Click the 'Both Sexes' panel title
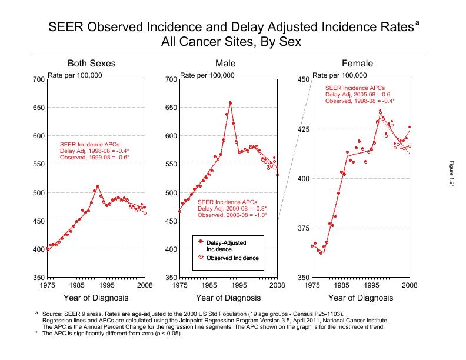click(x=91, y=64)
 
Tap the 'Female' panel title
click(x=358, y=64)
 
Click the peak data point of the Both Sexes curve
click(x=98, y=186)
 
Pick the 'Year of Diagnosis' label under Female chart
click(x=361, y=298)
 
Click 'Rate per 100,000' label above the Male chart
click(x=208, y=75)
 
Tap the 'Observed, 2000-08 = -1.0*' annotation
click(x=232, y=215)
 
